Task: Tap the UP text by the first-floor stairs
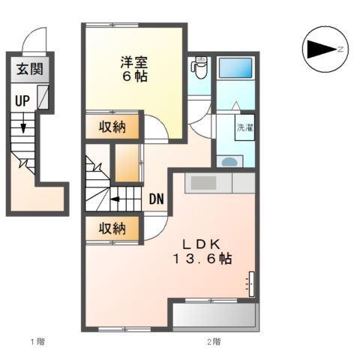pyautogui.click(x=22, y=100)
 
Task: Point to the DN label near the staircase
pyautogui.click(x=157, y=199)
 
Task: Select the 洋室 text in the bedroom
pyautogui.click(x=135, y=61)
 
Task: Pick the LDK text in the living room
pyautogui.click(x=197, y=243)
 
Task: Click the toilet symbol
pyautogui.click(x=199, y=70)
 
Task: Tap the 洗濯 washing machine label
pyautogui.click(x=245, y=127)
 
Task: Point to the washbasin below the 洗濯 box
pyautogui.click(x=231, y=160)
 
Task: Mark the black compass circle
pyautogui.click(x=324, y=49)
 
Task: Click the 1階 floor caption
pyautogui.click(x=37, y=343)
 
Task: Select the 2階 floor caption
pyautogui.click(x=214, y=343)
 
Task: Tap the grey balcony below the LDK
pyautogui.click(x=215, y=316)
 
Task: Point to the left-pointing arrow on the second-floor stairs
pyautogui.click(x=118, y=199)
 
